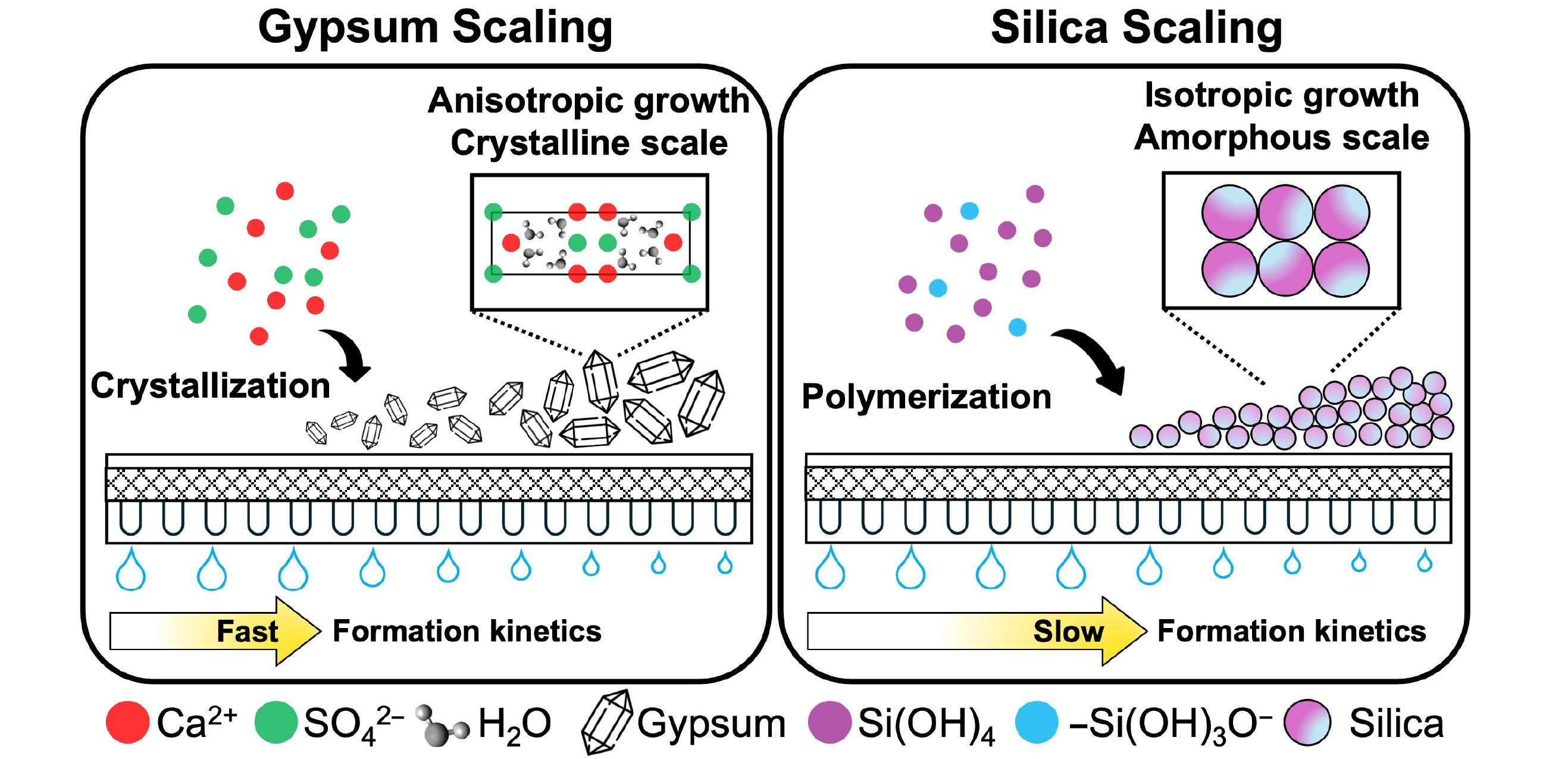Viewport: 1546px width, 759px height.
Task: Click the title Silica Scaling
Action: pos(1137,27)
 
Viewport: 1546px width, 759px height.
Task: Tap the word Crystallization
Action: pos(210,386)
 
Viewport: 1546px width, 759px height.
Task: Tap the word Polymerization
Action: pos(926,397)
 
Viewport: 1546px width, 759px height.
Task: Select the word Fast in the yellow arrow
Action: pos(248,631)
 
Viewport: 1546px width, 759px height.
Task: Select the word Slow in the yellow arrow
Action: pos(1068,631)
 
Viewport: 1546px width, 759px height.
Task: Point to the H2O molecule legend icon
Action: pos(443,726)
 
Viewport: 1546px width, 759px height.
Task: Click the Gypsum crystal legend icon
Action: pos(607,721)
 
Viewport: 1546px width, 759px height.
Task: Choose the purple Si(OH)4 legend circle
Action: pos(830,721)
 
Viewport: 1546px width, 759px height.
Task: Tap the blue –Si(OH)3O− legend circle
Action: pos(1037,721)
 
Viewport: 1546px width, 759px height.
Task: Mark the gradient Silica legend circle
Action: pos(1307,722)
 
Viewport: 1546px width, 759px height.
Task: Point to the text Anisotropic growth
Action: pos(589,100)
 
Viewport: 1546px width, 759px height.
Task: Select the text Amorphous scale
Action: pos(1282,138)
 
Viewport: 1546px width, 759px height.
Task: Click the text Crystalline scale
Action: pos(589,143)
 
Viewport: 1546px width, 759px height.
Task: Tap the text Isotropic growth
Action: pos(1282,95)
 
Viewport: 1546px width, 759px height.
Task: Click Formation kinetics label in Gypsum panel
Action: pos(467,631)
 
